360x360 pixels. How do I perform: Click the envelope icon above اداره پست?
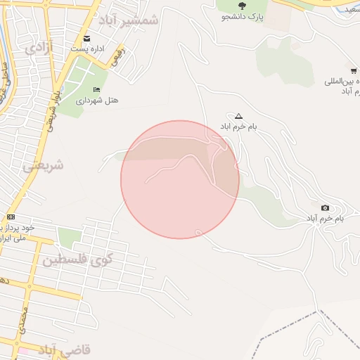click(86, 38)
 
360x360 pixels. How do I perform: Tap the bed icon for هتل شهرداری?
click(96, 89)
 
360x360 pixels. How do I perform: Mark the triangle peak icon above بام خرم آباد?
click(238, 116)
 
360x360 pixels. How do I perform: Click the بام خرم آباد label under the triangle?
click(239, 127)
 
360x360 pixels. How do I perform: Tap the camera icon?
click(325, 207)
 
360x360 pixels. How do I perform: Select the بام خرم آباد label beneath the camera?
click(324, 219)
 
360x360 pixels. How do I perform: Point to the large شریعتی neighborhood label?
click(43, 166)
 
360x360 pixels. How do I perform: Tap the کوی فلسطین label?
click(74, 260)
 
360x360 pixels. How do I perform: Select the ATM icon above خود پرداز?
click(11, 217)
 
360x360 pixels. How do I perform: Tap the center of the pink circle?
click(180, 179)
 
